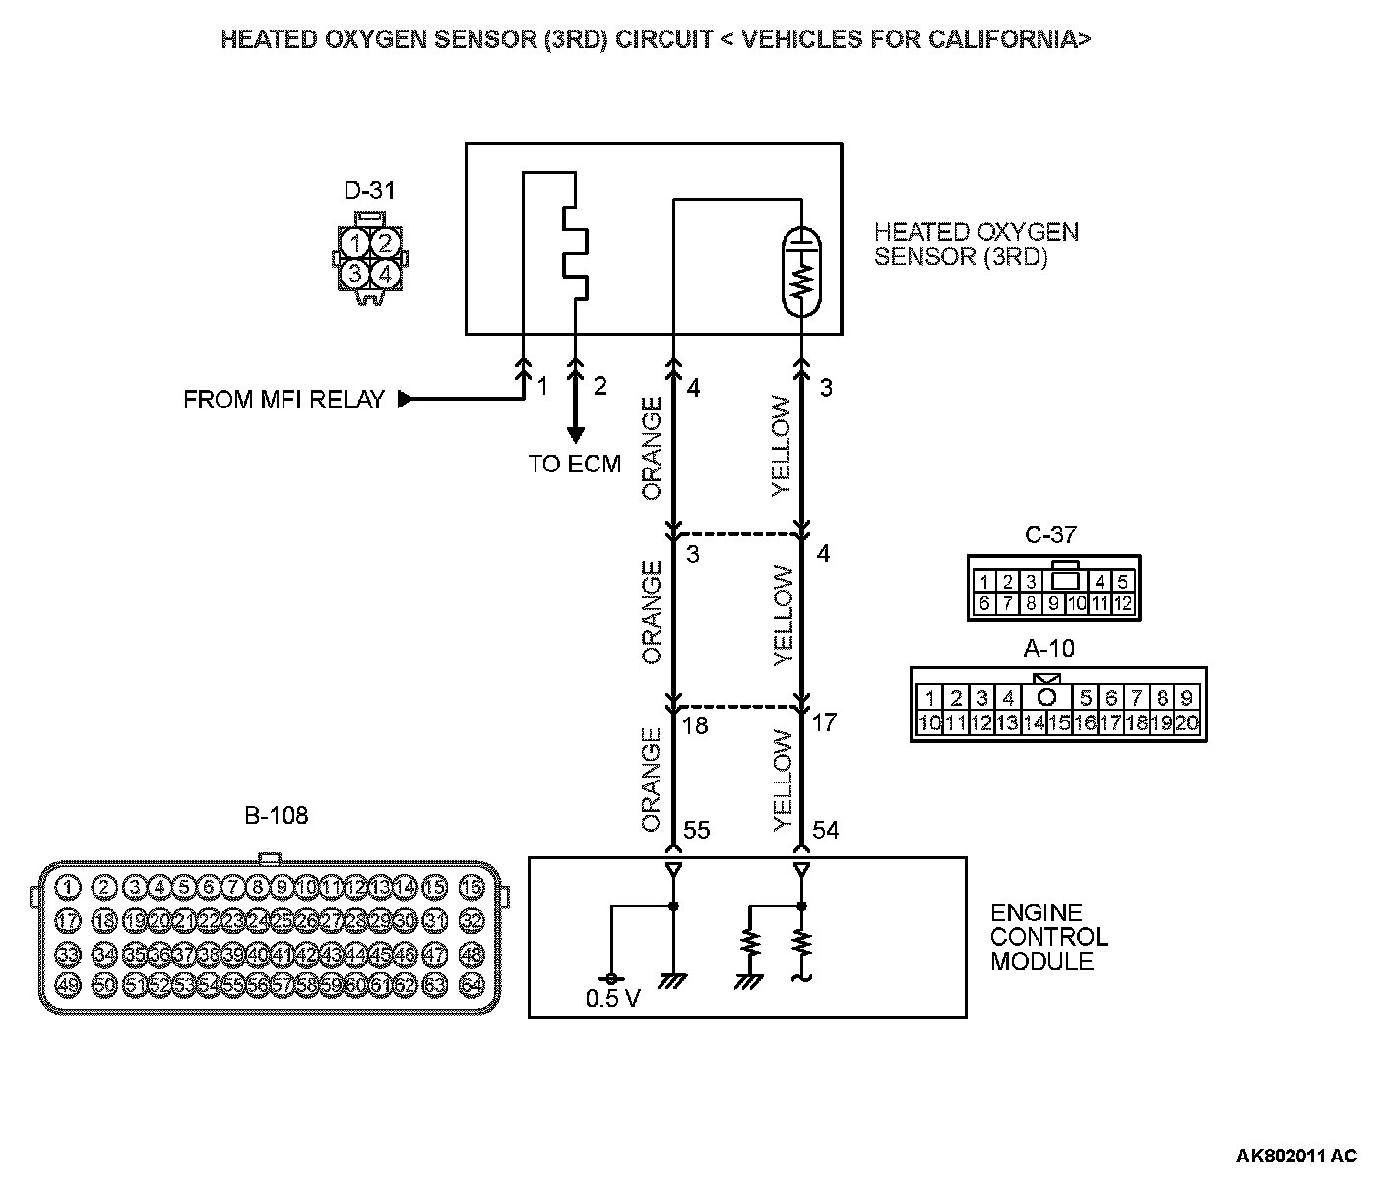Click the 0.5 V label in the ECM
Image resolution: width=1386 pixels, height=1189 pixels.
coord(612,999)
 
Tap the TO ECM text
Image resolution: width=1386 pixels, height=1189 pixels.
coord(575,464)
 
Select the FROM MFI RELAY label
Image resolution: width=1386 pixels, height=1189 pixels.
coord(283,400)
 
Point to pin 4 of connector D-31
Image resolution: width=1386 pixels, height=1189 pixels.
coord(385,274)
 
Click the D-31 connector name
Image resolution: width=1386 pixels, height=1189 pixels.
coord(369,190)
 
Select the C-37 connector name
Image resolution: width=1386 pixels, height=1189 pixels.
coord(1050,535)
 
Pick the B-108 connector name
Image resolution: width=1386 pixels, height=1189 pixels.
coord(276,815)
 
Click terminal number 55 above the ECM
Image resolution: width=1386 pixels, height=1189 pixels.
coord(696,831)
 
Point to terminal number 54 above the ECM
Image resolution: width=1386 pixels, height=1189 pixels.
coord(825,831)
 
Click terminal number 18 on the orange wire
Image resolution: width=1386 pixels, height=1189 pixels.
coord(695,725)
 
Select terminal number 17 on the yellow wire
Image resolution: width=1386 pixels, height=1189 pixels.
coord(824,722)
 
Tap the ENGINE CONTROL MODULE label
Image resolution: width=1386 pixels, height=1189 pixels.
coord(1048,937)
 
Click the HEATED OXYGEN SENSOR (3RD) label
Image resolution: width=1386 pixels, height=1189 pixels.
coord(976,244)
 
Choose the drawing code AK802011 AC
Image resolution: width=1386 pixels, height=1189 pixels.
coord(1296,1156)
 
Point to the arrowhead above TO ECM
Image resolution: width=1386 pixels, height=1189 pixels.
coord(574,434)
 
